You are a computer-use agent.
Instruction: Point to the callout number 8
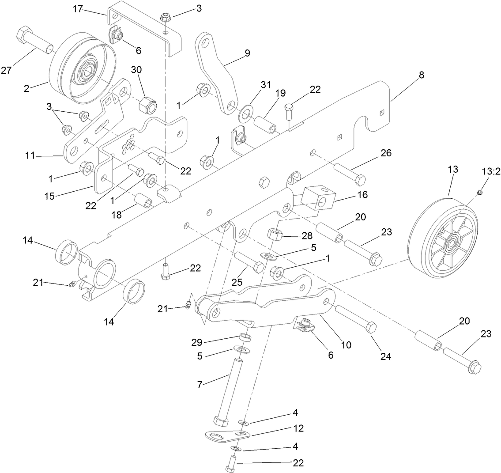(421, 75)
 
